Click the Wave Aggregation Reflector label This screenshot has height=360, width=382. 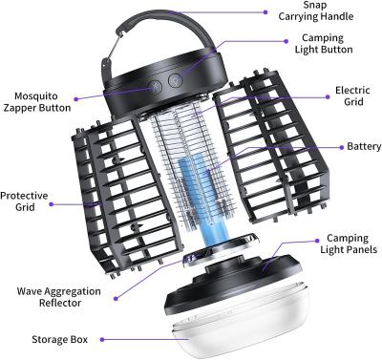coord(59,296)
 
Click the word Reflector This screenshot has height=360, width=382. coord(59,303)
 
